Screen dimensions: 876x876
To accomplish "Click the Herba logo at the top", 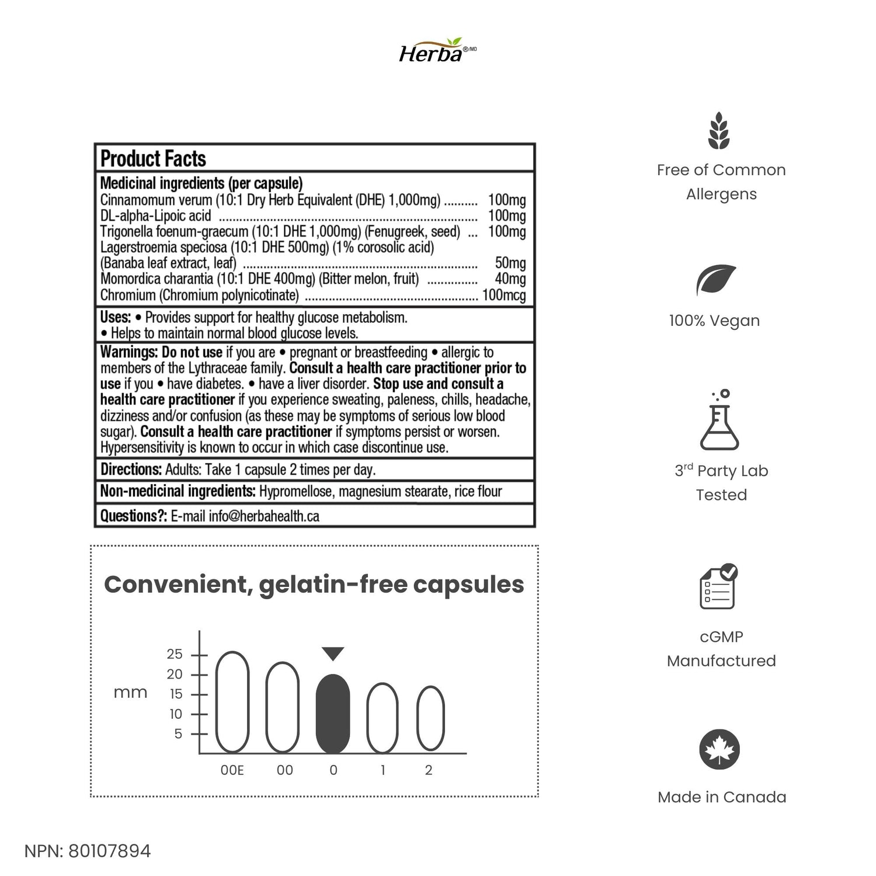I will (x=437, y=51).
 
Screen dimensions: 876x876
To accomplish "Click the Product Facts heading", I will (x=153, y=159).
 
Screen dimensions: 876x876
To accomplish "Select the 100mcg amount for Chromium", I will (x=503, y=295).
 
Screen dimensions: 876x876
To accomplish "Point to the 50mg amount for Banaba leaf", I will (x=510, y=263).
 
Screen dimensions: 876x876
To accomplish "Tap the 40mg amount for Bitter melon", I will (x=510, y=279).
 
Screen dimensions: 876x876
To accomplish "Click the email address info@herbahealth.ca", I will (x=264, y=516).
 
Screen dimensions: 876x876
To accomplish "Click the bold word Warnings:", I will (x=129, y=352).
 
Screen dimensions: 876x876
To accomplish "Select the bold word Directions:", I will (x=131, y=470).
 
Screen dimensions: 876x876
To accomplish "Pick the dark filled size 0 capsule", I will (x=333, y=713).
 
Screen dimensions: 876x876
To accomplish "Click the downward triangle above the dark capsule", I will (x=333, y=653).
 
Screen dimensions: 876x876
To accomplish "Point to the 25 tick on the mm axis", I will (x=175, y=654).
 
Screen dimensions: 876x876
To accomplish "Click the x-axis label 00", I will (x=285, y=770).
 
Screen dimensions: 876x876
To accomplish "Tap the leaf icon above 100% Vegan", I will (x=716, y=281).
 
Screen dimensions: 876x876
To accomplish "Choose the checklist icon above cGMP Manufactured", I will (x=719, y=586).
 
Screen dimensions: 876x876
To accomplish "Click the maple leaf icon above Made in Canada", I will (x=719, y=750).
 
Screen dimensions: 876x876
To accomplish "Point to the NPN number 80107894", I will (x=109, y=851).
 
